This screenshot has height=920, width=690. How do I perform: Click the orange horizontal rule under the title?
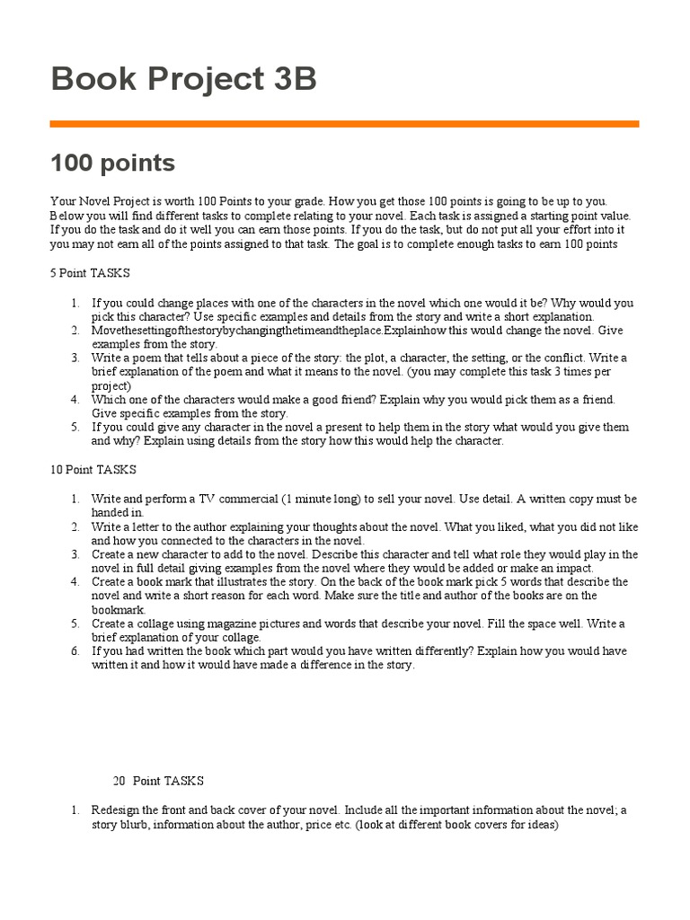tap(344, 124)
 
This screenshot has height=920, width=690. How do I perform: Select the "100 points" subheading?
tap(112, 164)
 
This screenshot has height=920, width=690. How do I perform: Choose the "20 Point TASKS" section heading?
tap(158, 781)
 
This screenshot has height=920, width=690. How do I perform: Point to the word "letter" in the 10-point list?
tap(146, 526)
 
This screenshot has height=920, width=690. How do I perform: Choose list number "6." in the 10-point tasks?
tap(75, 651)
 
